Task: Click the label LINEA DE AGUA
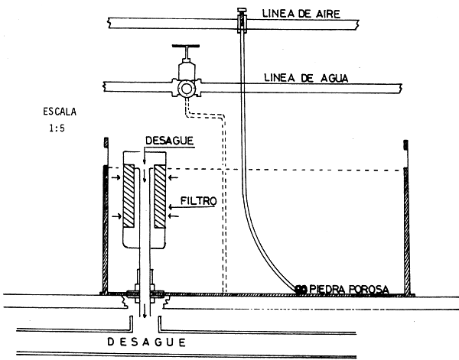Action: [x=303, y=77]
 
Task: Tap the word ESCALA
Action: [x=60, y=112]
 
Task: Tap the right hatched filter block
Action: [x=160, y=196]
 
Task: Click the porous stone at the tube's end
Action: [x=301, y=288]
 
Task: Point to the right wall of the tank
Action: [x=408, y=229]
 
